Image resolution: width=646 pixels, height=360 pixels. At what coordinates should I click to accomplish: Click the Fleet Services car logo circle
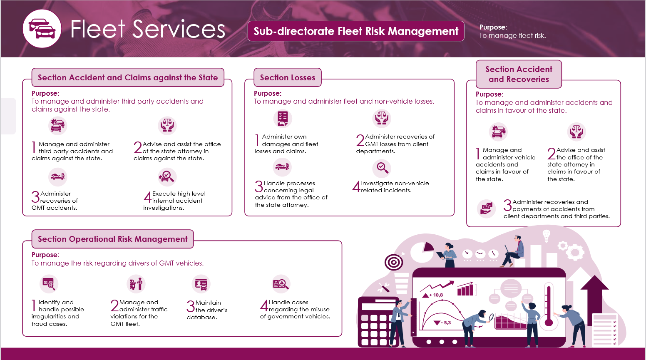coord(42,29)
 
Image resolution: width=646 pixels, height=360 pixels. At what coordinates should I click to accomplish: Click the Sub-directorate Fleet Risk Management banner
coord(356,31)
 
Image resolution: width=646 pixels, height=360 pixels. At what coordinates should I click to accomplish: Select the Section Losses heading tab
coord(288,77)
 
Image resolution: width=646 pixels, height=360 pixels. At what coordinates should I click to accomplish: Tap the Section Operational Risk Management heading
coord(112,239)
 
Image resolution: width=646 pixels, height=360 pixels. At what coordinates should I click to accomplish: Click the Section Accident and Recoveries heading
coord(519,74)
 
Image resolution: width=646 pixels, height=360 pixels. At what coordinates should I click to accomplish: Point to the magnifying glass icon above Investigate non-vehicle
coord(382,168)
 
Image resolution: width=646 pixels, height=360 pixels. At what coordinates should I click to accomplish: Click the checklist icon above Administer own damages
coord(283,118)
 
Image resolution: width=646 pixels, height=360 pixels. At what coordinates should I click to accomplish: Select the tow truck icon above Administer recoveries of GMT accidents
coord(57,177)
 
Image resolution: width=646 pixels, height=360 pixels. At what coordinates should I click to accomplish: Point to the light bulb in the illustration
coord(547,236)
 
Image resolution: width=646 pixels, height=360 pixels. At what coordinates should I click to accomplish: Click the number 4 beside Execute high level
coord(147,197)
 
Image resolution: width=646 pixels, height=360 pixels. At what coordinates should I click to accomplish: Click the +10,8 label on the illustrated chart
coord(436,295)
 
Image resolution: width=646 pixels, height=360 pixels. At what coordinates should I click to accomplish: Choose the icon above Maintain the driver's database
coord(201,284)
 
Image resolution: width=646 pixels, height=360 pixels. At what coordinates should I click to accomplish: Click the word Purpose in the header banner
coord(493,27)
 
